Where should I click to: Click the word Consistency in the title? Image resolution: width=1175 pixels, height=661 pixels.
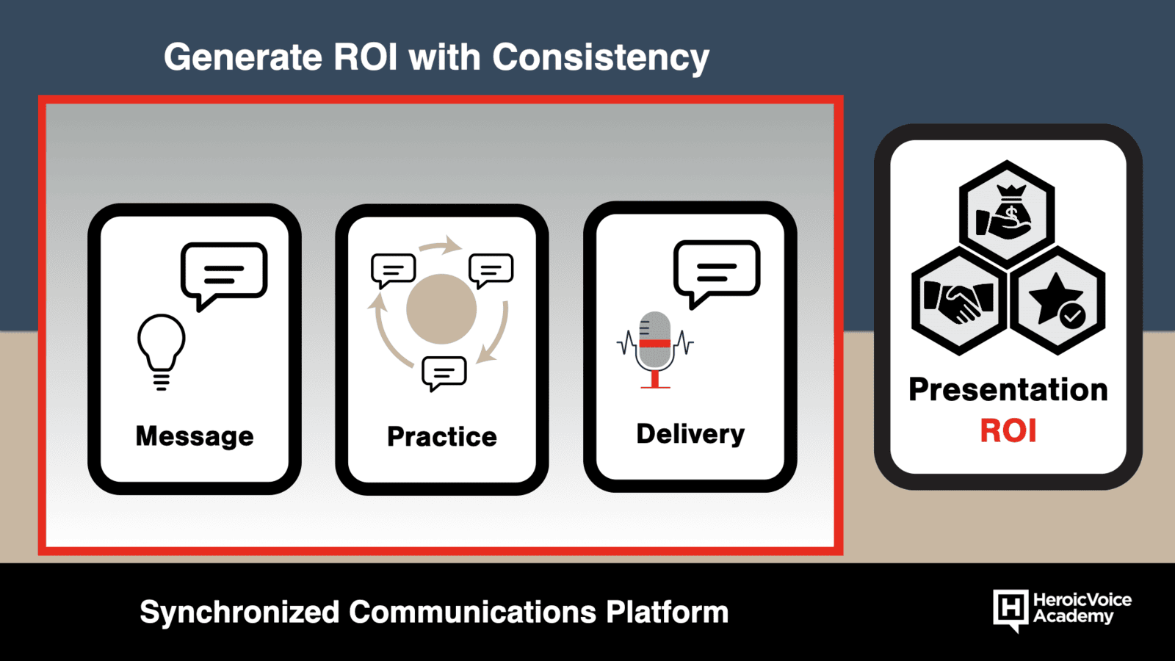601,58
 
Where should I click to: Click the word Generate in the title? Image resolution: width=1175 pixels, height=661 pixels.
243,57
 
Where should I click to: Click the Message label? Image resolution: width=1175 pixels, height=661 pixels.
195,436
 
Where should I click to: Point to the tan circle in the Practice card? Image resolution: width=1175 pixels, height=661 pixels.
441,309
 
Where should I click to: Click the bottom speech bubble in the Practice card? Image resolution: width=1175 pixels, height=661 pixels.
444,374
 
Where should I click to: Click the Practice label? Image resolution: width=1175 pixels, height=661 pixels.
441,436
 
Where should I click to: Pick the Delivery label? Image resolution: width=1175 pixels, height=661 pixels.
690,434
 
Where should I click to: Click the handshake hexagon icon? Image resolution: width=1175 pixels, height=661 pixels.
959,301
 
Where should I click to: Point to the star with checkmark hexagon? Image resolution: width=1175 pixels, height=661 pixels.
1057,301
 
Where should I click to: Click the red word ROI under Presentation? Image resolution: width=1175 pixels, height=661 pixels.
1008,431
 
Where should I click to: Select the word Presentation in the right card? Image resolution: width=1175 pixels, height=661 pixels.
1008,390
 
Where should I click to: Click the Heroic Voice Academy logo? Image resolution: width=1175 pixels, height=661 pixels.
1062,610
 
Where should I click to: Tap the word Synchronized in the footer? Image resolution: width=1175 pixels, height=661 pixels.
239,613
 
